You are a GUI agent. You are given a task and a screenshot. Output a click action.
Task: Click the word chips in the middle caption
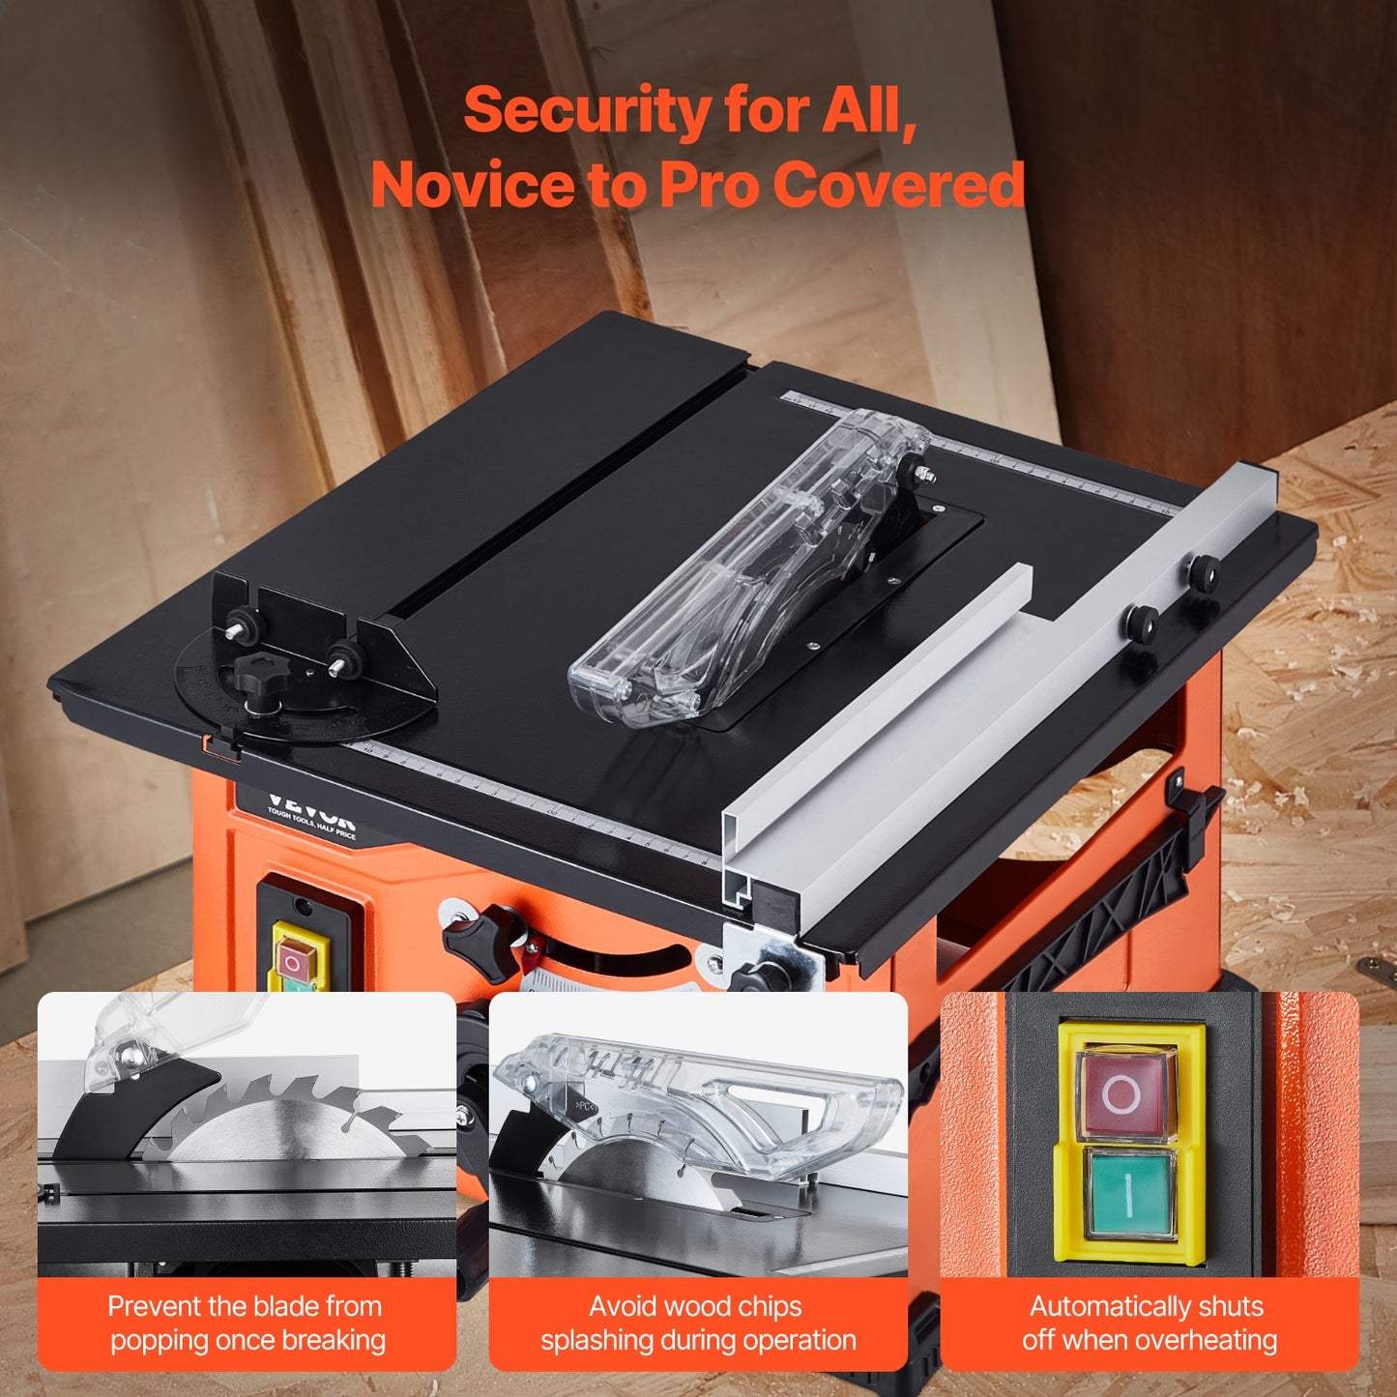click(765, 1306)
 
